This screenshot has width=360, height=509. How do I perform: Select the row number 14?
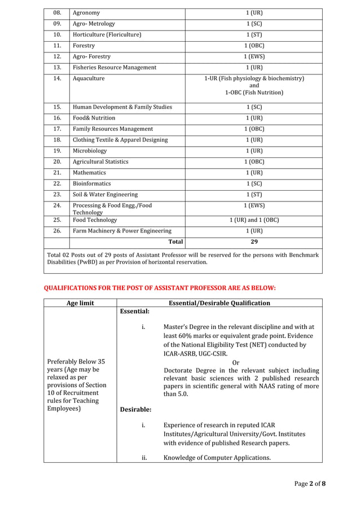click(56, 78)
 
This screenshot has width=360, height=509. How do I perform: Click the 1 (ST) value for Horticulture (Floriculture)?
click(254, 34)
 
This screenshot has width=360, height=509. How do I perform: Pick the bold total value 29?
click(254, 242)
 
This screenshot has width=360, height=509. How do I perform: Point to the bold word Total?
click(176, 242)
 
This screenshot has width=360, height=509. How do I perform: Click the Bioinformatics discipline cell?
click(92, 183)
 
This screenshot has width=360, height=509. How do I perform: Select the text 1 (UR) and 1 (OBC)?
click(254, 220)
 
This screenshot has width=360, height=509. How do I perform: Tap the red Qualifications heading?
click(160, 288)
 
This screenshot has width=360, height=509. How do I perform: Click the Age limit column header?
click(80, 303)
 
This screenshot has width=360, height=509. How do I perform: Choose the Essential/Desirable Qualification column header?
click(219, 303)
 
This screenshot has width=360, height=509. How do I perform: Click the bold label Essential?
click(135, 311)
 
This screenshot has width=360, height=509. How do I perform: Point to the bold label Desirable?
click(135, 409)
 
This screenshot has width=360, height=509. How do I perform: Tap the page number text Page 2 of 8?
click(309, 484)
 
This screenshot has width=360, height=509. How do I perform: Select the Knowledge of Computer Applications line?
click(217, 458)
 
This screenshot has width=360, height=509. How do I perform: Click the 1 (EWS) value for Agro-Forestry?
click(254, 56)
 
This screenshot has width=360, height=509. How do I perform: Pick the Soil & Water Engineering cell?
click(105, 194)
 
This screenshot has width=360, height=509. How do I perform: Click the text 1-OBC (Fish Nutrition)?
click(254, 93)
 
